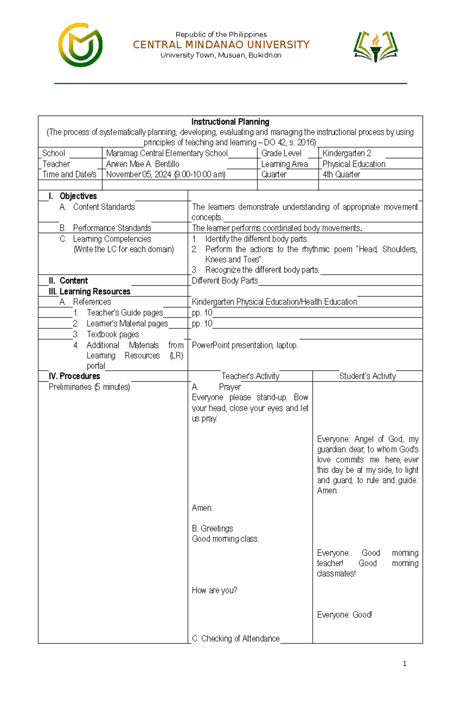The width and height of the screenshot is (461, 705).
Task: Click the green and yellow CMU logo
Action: [80, 45]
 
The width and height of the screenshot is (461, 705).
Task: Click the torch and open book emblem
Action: [375, 46]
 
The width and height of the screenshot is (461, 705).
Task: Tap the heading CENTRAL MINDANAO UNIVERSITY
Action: [221, 45]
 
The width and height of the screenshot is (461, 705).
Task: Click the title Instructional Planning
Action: [230, 122]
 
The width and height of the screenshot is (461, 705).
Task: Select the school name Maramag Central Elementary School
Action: [167, 153]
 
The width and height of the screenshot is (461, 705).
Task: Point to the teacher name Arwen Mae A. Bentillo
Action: [143, 164]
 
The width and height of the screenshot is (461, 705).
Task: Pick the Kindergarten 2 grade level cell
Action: [347, 153]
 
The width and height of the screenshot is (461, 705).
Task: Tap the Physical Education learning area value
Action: [354, 164]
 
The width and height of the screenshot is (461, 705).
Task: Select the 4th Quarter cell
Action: [341, 174]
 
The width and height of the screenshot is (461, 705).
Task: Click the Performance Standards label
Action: [112, 228]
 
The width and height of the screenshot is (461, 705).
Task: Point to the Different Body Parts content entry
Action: [225, 280]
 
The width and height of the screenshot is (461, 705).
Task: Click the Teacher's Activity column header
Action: [250, 376]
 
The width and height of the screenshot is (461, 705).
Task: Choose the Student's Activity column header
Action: [367, 376]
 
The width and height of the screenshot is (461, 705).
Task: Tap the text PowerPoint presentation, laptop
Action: [245, 345]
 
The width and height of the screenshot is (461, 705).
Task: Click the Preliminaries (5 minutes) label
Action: [89, 387]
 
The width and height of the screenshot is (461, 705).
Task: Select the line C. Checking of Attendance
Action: [235, 639]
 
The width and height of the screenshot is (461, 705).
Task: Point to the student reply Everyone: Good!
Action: [344, 615]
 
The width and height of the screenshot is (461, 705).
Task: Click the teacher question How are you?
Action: [214, 590]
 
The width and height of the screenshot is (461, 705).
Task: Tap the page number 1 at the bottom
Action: [405, 664]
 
